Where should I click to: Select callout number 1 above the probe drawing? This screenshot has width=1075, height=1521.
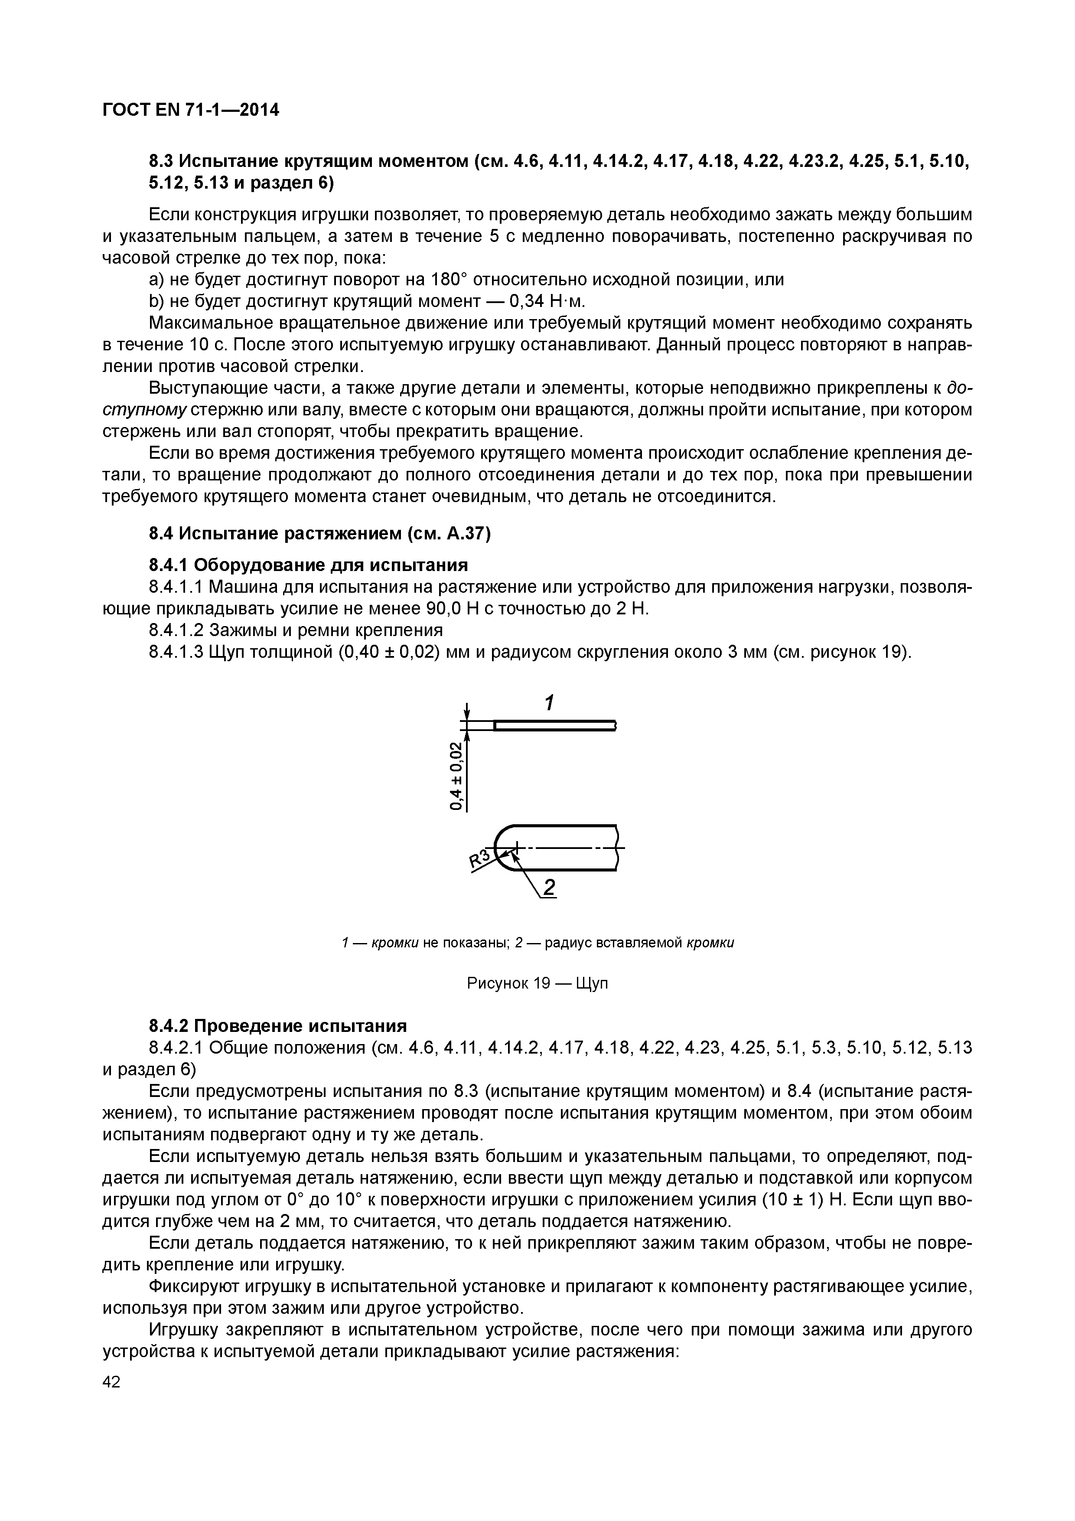[548, 702]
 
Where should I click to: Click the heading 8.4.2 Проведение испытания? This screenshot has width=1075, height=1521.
[277, 1026]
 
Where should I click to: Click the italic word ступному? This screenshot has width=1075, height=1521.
[144, 410]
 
